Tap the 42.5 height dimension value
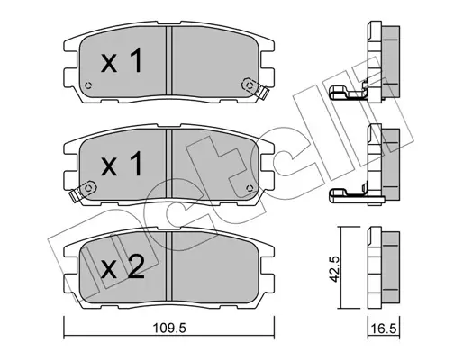(x=335, y=268)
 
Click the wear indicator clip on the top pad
(x=257, y=87)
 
